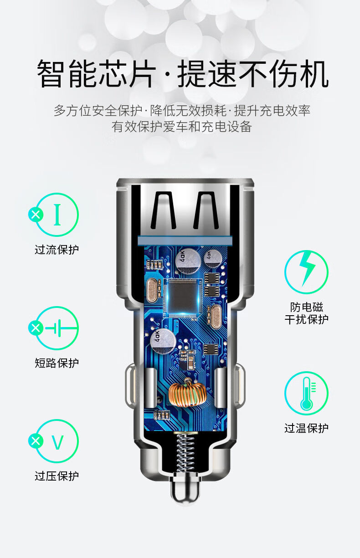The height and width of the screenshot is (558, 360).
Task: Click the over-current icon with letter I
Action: tap(57, 215)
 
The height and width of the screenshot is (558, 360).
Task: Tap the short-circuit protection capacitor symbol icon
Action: tap(57, 328)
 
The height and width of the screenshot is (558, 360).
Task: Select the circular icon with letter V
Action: tap(57, 441)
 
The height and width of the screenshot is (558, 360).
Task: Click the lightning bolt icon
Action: tap(306, 272)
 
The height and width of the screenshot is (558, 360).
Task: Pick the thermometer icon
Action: tap(306, 393)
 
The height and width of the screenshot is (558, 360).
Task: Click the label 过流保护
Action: tap(57, 250)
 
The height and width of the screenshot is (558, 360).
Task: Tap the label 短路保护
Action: tap(57, 363)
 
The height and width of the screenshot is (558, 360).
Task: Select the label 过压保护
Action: tap(57, 476)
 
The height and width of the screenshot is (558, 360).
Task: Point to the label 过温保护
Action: tap(306, 428)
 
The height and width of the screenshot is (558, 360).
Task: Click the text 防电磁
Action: tap(306, 307)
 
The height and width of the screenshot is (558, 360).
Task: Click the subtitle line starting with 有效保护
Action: tap(181, 126)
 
